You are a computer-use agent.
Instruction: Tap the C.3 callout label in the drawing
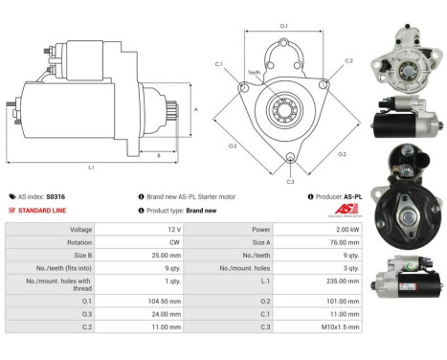click(290, 180)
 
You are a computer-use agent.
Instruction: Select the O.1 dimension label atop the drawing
click(283, 25)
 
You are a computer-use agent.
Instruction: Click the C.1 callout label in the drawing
click(218, 64)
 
